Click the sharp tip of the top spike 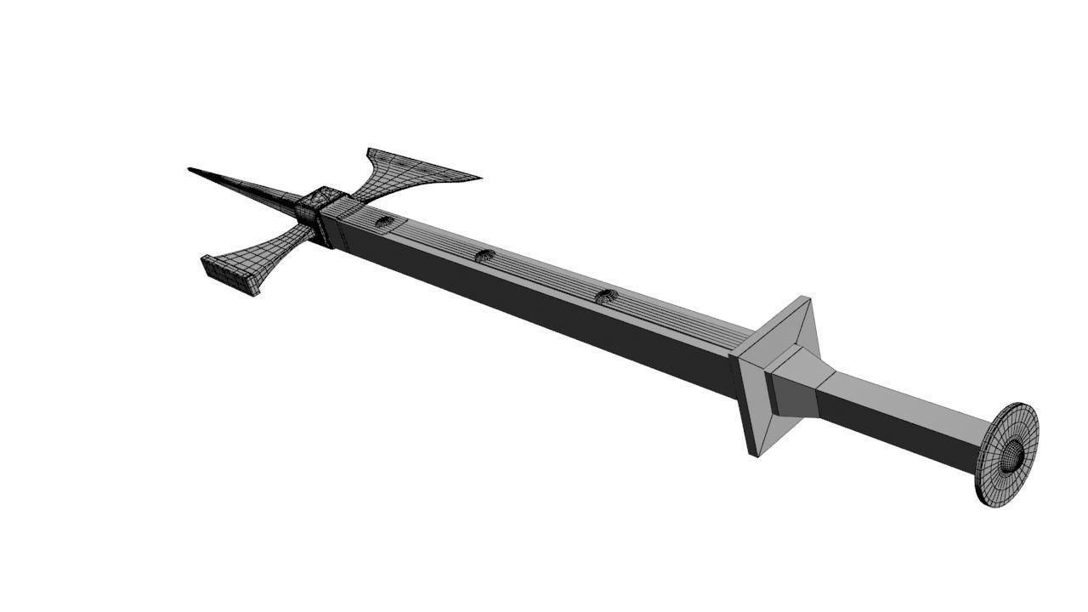(x=190, y=170)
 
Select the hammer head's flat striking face (x=228, y=275)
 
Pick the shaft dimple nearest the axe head (x=385, y=223)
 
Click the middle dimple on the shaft (x=484, y=255)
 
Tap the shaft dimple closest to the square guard (x=605, y=296)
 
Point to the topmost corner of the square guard (x=806, y=298)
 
